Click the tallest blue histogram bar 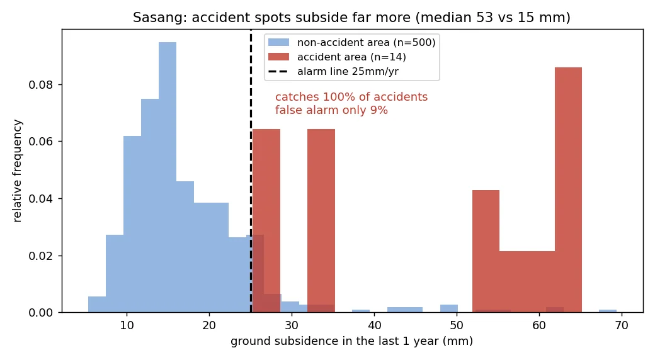pos(167,177)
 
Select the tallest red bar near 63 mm pos(568,190)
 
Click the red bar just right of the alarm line pos(266,220)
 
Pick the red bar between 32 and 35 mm pos(321,220)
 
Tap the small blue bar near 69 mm pos(607,311)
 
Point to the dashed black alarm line pos(251,171)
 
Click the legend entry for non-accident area pos(351,42)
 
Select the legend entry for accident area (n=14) pos(337,57)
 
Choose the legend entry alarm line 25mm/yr pos(333,71)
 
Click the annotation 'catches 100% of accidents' pos(351,97)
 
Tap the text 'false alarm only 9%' pos(331,110)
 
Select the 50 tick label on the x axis pos(457,325)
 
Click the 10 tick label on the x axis pos(127,325)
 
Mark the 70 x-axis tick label pos(622,325)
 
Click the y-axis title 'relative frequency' pos(17,171)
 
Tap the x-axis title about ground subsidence pos(351,341)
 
